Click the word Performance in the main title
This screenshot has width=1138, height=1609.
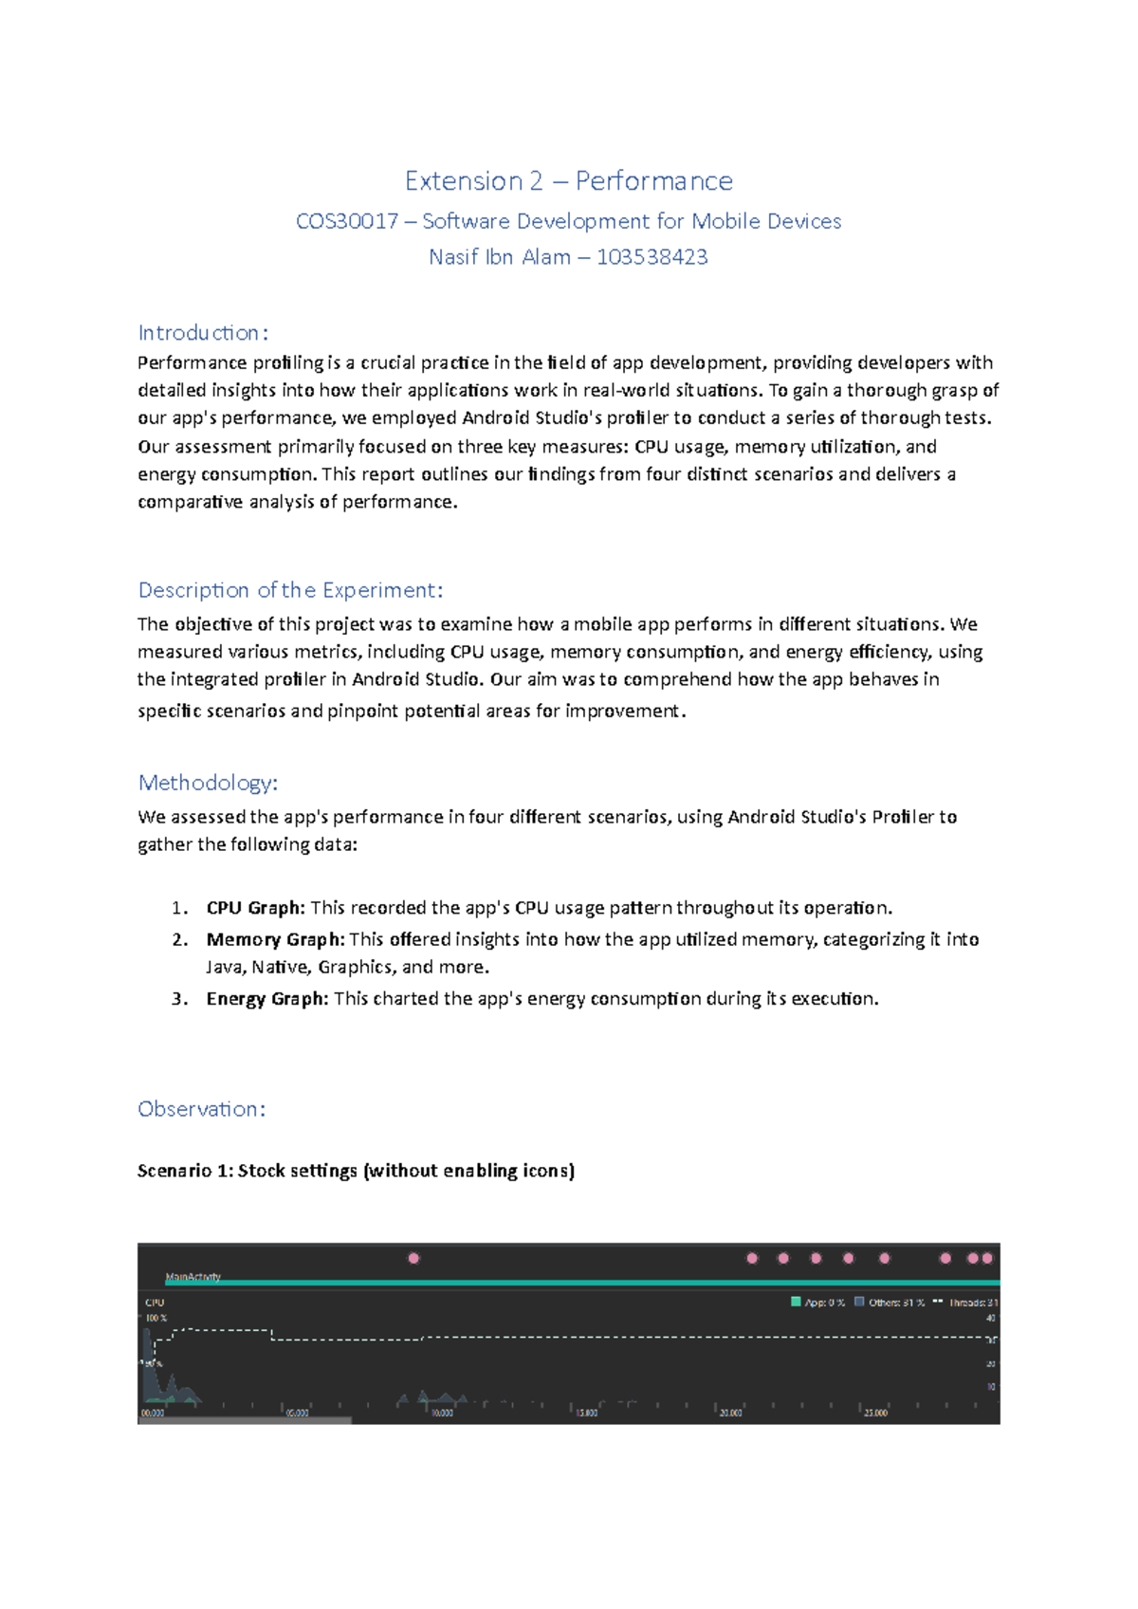coord(653,180)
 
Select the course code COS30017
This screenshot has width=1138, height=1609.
coord(347,221)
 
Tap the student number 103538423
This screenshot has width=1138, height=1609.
coord(652,257)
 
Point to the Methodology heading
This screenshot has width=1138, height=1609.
coord(208,783)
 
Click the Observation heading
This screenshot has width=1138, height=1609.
coord(201,1108)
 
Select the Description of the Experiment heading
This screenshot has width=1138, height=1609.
coord(290,590)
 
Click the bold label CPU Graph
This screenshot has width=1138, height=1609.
coord(255,908)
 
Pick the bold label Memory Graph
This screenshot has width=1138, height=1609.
coord(275,939)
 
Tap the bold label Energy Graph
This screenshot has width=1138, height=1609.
coord(266,998)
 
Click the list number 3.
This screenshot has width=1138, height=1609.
coord(179,998)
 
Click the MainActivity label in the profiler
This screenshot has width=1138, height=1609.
coord(193,1277)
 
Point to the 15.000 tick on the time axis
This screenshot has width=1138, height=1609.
coord(586,1413)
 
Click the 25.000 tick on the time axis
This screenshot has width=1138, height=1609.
coord(874,1413)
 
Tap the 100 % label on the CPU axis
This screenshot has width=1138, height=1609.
coord(156,1318)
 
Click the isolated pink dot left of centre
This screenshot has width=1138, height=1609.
coord(413,1258)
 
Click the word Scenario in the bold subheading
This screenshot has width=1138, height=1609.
coord(174,1171)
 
